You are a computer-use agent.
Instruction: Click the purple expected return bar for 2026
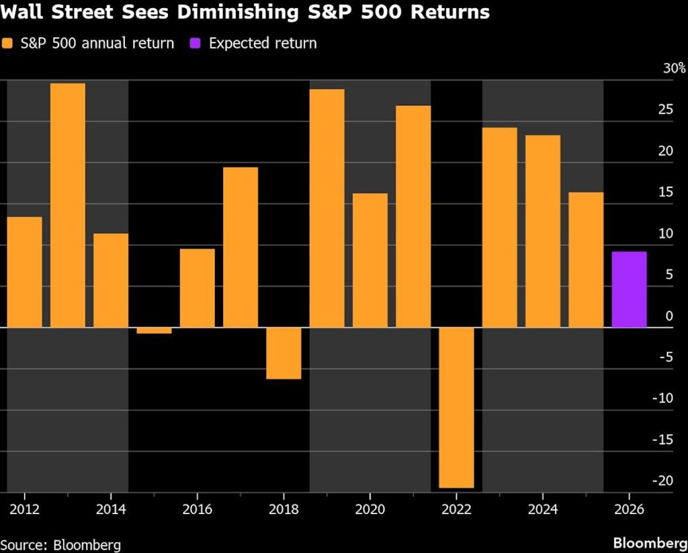click(x=629, y=290)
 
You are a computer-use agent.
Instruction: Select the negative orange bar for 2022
click(x=456, y=407)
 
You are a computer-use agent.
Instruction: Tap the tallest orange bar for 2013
click(x=68, y=205)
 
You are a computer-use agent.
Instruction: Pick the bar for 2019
click(x=327, y=208)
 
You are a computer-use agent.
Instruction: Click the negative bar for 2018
click(x=284, y=353)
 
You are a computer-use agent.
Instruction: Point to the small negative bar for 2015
click(x=154, y=330)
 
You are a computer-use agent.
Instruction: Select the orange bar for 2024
click(x=542, y=231)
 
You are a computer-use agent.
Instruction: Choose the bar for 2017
click(x=241, y=247)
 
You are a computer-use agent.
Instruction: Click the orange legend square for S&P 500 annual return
click(x=7, y=44)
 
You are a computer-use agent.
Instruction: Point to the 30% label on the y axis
click(x=674, y=69)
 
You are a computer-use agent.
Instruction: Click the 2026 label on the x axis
click(x=629, y=508)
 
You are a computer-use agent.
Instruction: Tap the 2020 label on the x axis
click(x=370, y=508)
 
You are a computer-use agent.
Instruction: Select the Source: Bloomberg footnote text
click(x=60, y=543)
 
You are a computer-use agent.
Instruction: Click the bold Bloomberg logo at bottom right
click(x=649, y=543)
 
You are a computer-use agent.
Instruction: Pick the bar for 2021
click(x=413, y=216)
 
